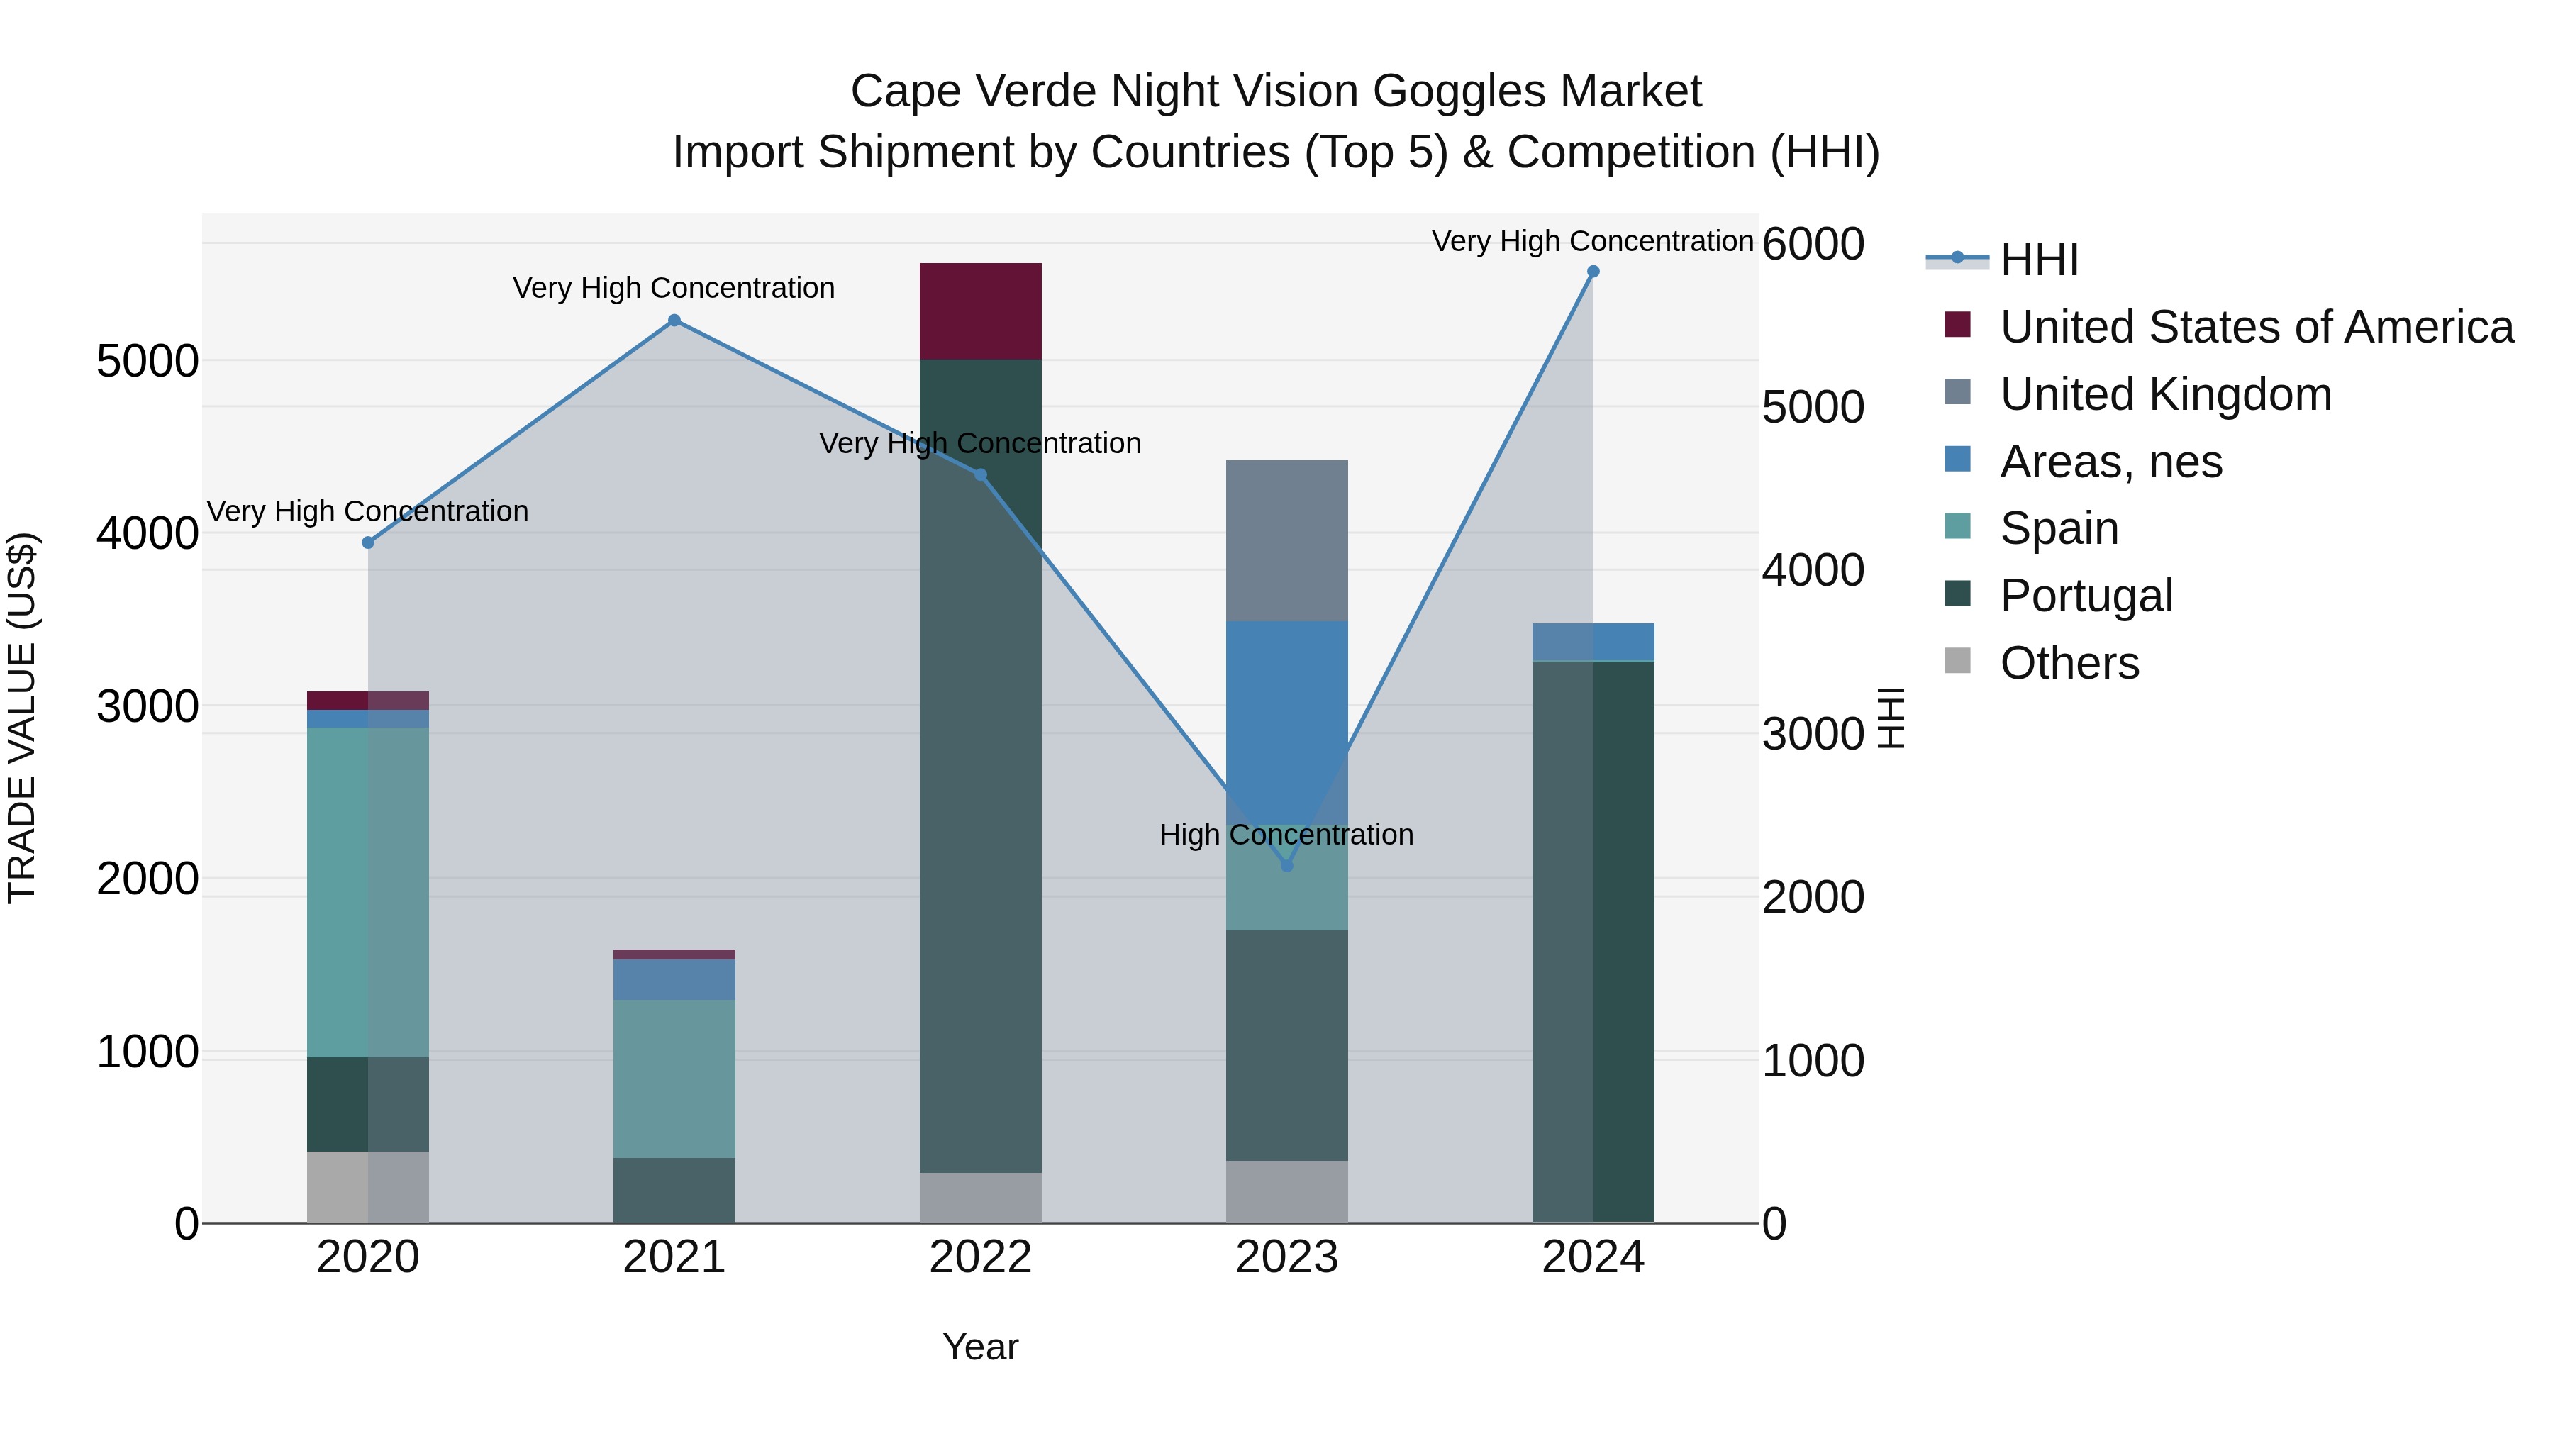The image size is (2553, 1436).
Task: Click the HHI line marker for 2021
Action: (674, 320)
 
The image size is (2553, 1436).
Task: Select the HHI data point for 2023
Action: (1286, 865)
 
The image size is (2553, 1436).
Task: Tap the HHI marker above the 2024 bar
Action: (1593, 272)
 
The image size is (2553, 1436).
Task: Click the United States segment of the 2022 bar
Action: (980, 311)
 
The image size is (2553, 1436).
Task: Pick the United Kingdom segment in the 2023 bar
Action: (1286, 540)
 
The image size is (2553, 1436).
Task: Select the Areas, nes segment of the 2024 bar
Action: (1593, 641)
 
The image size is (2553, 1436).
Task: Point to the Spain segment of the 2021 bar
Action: (674, 1078)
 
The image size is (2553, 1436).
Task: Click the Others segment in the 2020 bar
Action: (367, 1186)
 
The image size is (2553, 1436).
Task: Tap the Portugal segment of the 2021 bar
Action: (674, 1189)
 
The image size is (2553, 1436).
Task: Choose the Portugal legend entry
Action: (2086, 596)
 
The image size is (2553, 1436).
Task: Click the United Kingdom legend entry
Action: (2166, 394)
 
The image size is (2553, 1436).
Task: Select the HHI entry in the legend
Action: (2039, 260)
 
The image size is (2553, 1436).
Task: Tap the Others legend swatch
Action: (1957, 661)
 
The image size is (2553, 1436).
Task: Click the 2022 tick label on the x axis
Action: (980, 1257)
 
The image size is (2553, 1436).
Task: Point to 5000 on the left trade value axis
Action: (147, 362)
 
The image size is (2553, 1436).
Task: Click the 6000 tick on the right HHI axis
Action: (1813, 244)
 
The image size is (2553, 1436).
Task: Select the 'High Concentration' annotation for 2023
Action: (1286, 835)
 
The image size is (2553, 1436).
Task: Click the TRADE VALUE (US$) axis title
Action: (22, 718)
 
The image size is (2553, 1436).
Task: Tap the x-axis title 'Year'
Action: (980, 1347)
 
